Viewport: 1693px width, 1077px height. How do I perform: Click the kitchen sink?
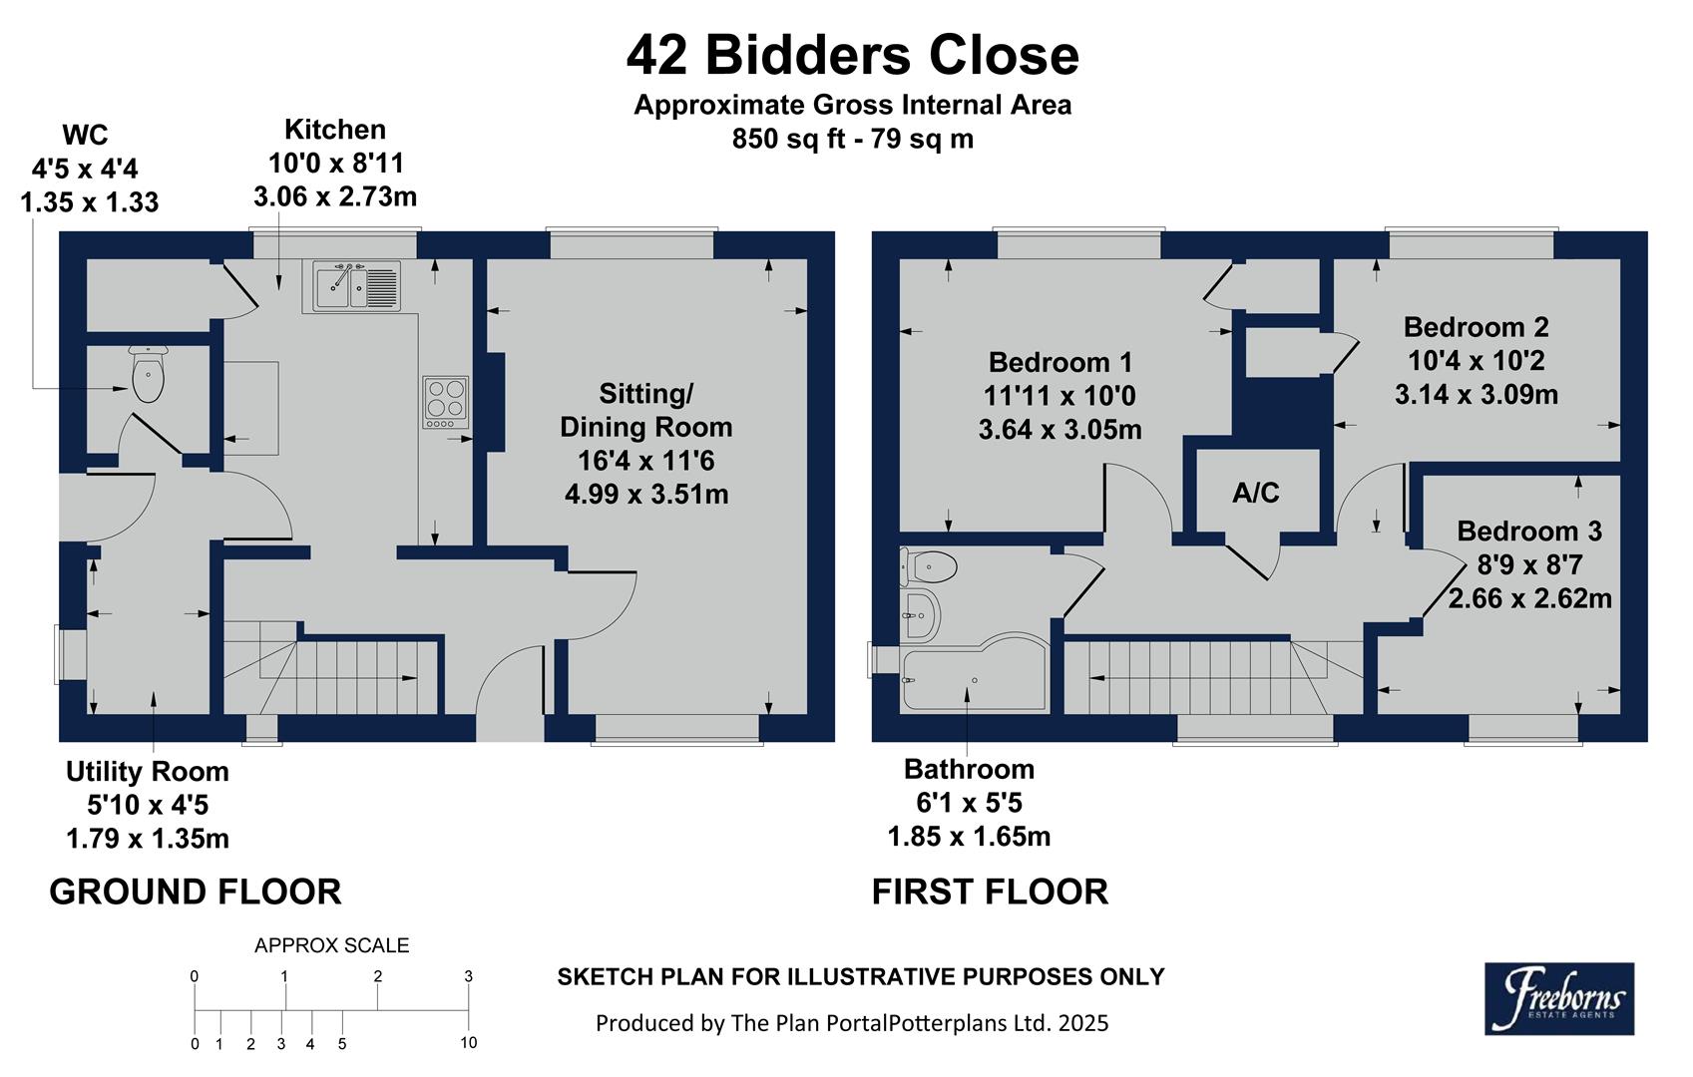click(356, 285)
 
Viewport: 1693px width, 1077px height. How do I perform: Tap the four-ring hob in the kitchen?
click(446, 401)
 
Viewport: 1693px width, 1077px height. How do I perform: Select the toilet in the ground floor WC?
click(149, 375)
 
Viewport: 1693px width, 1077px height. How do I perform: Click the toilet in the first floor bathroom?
click(929, 567)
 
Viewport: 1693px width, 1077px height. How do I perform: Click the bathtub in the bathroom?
click(973, 678)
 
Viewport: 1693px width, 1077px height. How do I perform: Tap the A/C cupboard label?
click(1255, 493)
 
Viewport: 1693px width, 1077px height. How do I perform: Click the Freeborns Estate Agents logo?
click(1558, 997)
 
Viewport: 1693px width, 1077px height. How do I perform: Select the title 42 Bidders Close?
click(852, 55)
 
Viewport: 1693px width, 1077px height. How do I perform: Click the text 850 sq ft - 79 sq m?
click(852, 139)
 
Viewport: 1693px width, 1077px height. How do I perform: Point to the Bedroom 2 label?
click(1476, 327)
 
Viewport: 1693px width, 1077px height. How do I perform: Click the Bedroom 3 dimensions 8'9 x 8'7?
click(1529, 565)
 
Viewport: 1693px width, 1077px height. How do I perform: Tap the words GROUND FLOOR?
click(196, 892)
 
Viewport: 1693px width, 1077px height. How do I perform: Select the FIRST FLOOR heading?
click(990, 892)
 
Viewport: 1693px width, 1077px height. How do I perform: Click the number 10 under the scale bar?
click(468, 1043)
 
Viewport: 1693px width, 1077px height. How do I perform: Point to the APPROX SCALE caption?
click(331, 945)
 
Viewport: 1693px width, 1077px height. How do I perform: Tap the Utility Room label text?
click(148, 772)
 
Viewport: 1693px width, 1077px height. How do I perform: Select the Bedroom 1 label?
click(1059, 362)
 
